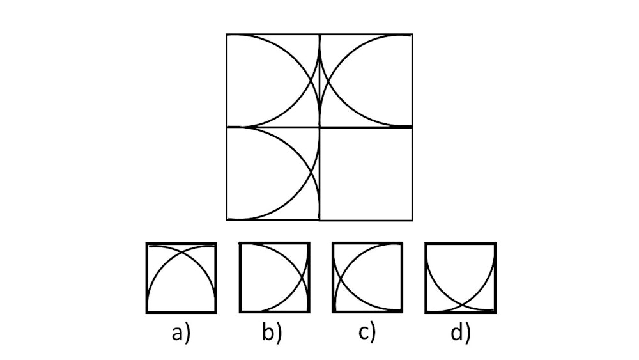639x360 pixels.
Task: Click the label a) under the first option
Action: pyautogui.click(x=181, y=333)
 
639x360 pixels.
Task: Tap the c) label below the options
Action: pyautogui.click(x=367, y=333)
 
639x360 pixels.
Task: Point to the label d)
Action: pyautogui.click(x=460, y=333)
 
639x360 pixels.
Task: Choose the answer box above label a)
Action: pyautogui.click(x=181, y=278)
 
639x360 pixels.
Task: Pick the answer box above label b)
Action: pyautogui.click(x=274, y=278)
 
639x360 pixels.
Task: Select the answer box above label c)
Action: pyautogui.click(x=367, y=278)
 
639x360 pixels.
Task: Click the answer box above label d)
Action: pyautogui.click(x=461, y=278)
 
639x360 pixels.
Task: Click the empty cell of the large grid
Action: pyautogui.click(x=366, y=174)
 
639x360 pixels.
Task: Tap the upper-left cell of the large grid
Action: pyautogui.click(x=273, y=81)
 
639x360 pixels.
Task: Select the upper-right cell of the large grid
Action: pyautogui.click(x=366, y=81)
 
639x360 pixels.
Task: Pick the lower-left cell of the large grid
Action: pyautogui.click(x=273, y=174)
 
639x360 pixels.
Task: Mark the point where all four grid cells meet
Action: pyautogui.click(x=319, y=127)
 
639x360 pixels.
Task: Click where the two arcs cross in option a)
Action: pyautogui.click(x=181, y=253)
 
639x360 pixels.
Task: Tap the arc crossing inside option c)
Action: pyautogui.click(x=343, y=278)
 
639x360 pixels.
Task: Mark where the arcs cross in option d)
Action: pyautogui.click(x=461, y=303)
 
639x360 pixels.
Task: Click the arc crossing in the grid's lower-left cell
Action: pyautogui.click(x=312, y=174)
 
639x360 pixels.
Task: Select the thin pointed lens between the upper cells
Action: pyautogui.click(x=319, y=81)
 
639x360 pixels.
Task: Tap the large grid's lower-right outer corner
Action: pyautogui.click(x=412, y=221)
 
